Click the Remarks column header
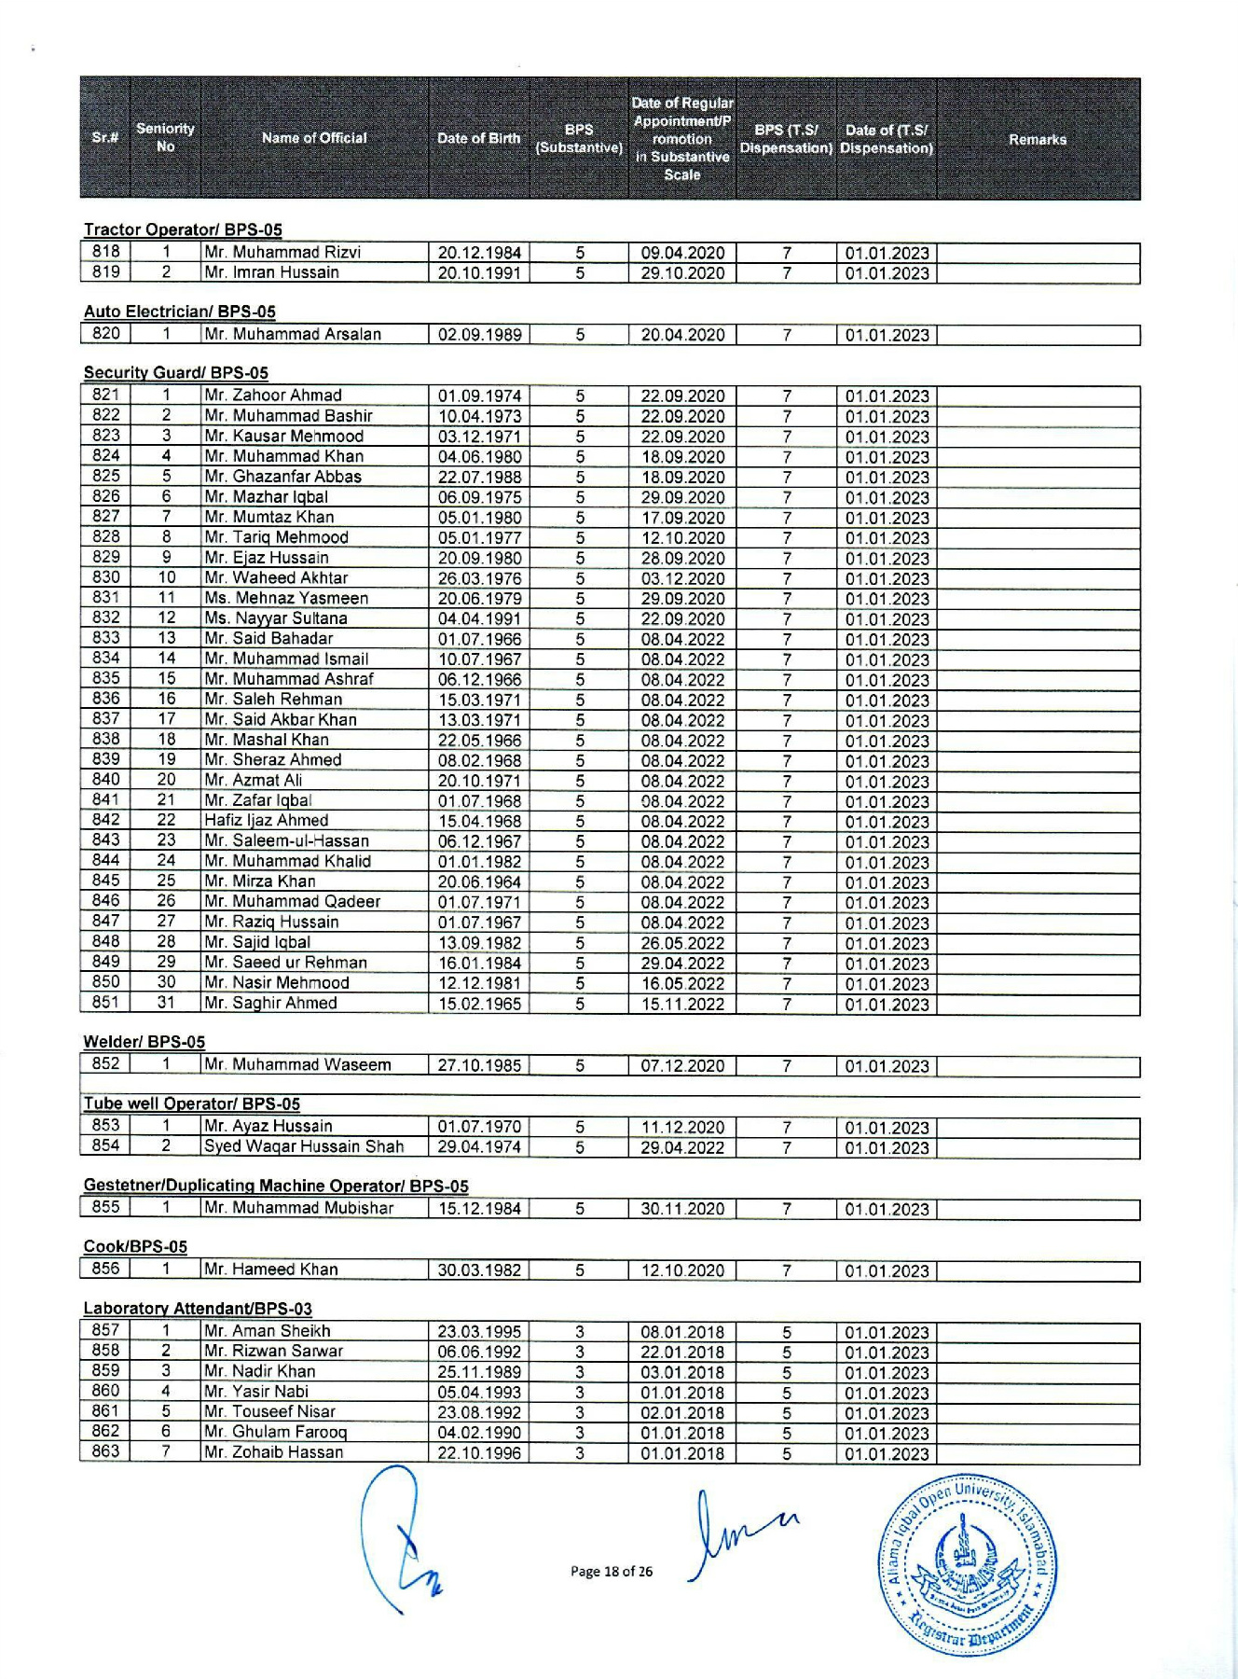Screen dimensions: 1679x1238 point(1037,139)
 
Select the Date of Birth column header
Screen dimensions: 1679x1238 point(478,138)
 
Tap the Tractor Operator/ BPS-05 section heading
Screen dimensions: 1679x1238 point(183,229)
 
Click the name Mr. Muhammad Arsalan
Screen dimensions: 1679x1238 point(293,334)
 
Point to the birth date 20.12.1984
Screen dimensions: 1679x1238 point(479,253)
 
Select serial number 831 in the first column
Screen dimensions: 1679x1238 point(105,598)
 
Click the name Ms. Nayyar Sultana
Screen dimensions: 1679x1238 point(276,618)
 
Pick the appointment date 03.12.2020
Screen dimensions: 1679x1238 point(682,578)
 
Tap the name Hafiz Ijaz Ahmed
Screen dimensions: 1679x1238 point(267,821)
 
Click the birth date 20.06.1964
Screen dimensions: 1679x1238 point(479,882)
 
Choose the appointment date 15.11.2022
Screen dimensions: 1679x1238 point(682,1005)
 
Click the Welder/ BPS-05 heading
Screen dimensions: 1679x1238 point(144,1042)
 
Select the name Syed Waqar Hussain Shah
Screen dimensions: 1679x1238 point(304,1146)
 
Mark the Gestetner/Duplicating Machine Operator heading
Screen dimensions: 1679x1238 point(276,1186)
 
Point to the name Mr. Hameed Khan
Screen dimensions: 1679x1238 point(271,1270)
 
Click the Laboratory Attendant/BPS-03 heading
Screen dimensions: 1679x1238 point(198,1309)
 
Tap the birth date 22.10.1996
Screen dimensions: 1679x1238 point(479,1452)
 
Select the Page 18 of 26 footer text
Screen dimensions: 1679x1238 point(612,1572)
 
